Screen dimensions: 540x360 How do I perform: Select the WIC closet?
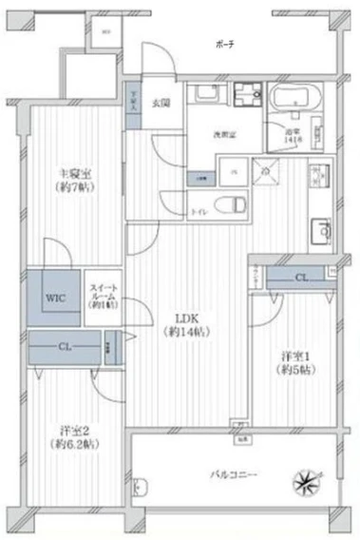[55, 295]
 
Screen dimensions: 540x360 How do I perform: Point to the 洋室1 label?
[294, 362]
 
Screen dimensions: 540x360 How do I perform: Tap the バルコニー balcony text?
[234, 472]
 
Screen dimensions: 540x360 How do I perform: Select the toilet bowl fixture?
[231, 203]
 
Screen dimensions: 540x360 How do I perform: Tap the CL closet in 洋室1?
[300, 277]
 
